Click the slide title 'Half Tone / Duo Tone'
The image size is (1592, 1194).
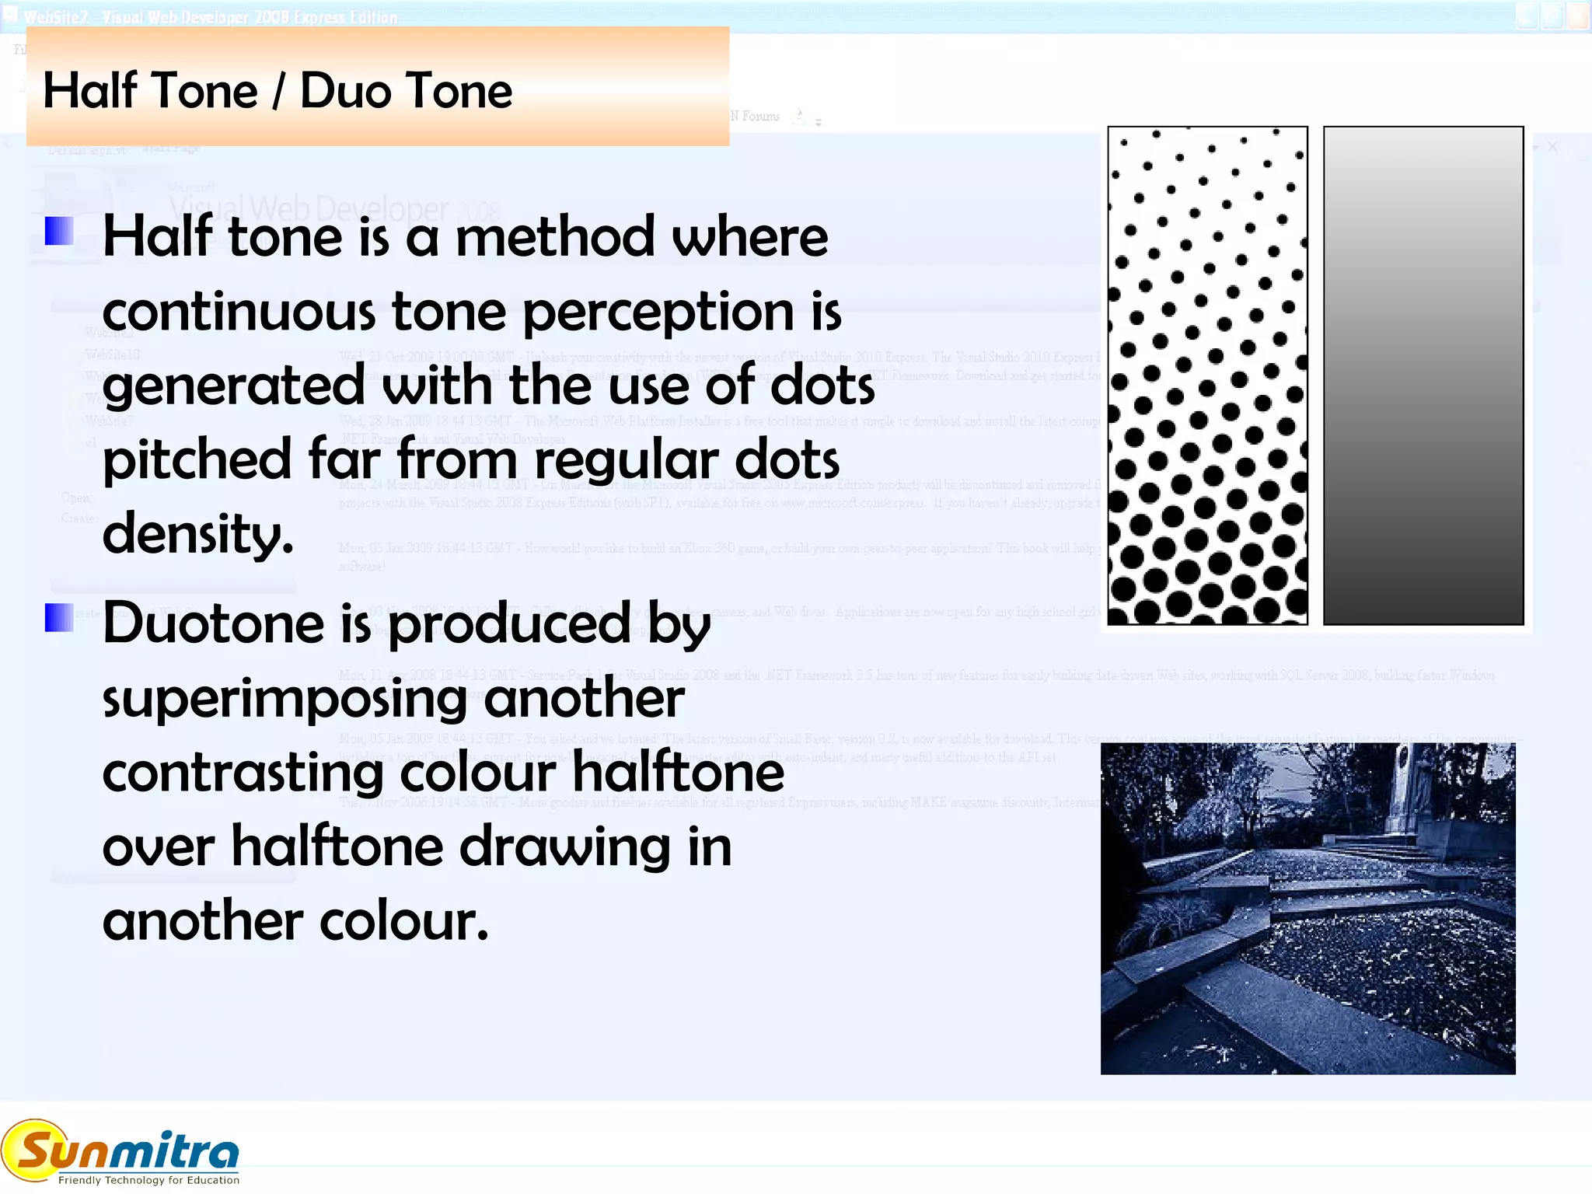pyautogui.click(x=278, y=91)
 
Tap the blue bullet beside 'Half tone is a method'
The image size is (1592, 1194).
pyautogui.click(x=59, y=231)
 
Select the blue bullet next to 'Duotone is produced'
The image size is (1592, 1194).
pyautogui.click(x=59, y=618)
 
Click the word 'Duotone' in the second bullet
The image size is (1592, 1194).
pyautogui.click(x=213, y=624)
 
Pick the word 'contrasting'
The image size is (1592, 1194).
pyautogui.click(x=243, y=773)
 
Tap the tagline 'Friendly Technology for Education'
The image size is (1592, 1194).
pyautogui.click(x=148, y=1180)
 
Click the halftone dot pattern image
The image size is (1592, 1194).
pyautogui.click(x=1207, y=375)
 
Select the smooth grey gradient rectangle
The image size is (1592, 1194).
pyautogui.click(x=1423, y=375)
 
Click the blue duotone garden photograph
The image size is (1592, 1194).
pyautogui.click(x=1307, y=908)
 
